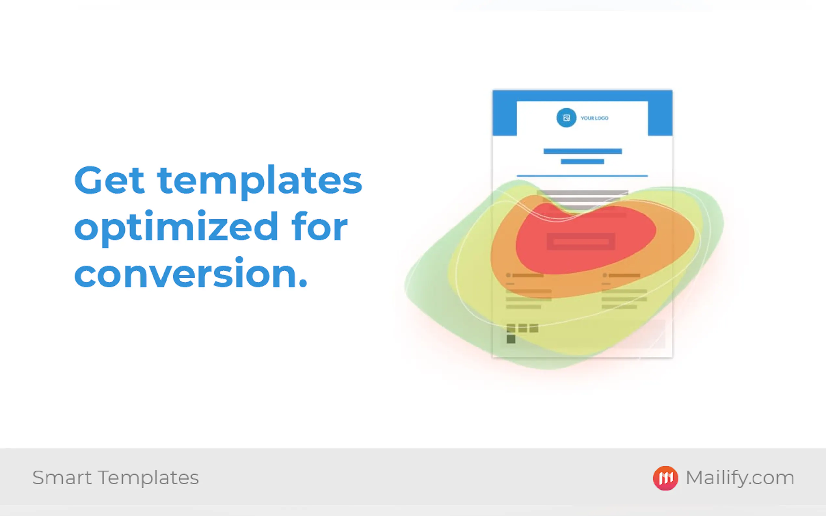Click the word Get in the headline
pyautogui.click(x=109, y=180)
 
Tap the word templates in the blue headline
pyautogui.click(x=260, y=182)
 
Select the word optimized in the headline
pyautogui.click(x=176, y=228)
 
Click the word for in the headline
pyautogui.click(x=320, y=226)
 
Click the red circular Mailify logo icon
pyautogui.click(x=665, y=478)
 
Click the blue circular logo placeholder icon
pyautogui.click(x=566, y=118)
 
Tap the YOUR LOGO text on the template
pyautogui.click(x=594, y=118)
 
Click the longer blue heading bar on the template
pyautogui.click(x=583, y=151)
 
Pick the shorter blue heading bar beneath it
pyautogui.click(x=582, y=161)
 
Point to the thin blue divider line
pyautogui.click(x=582, y=176)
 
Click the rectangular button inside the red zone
pyautogui.click(x=581, y=242)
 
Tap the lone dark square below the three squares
pyautogui.click(x=511, y=339)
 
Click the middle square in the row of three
pyautogui.click(x=523, y=328)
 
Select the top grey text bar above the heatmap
pyautogui.click(x=582, y=193)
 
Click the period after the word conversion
pyautogui.click(x=302, y=283)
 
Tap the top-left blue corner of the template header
pyautogui.click(x=493, y=91)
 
